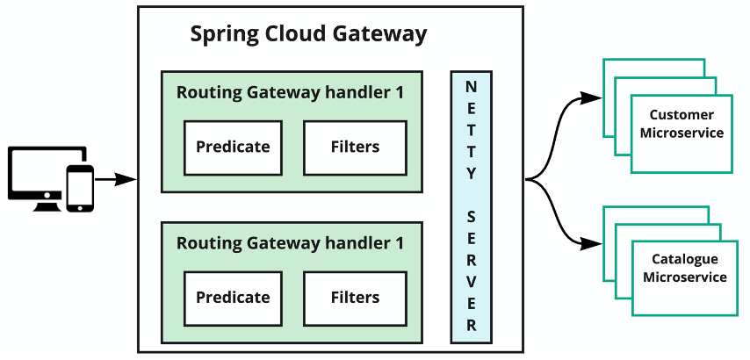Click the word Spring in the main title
(225, 35)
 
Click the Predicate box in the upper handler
(233, 147)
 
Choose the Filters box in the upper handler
(355, 147)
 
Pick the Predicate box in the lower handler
(233, 298)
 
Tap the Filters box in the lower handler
(355, 298)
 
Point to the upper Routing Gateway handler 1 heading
(291, 93)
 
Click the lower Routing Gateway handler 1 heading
(291, 243)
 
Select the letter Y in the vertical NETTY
(471, 172)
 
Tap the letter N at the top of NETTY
(471, 87)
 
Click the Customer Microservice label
(681, 124)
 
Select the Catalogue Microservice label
(684, 268)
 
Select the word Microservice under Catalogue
(684, 277)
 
